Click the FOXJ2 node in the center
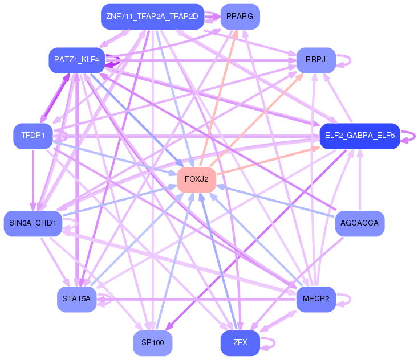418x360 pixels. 196,179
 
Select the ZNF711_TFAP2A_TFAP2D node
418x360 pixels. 152,17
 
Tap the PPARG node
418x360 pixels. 240,17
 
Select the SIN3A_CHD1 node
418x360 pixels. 33,223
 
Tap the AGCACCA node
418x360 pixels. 359,223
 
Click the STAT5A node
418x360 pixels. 76,299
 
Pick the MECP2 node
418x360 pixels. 315,299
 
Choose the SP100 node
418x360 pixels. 152,343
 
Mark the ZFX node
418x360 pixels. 240,343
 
